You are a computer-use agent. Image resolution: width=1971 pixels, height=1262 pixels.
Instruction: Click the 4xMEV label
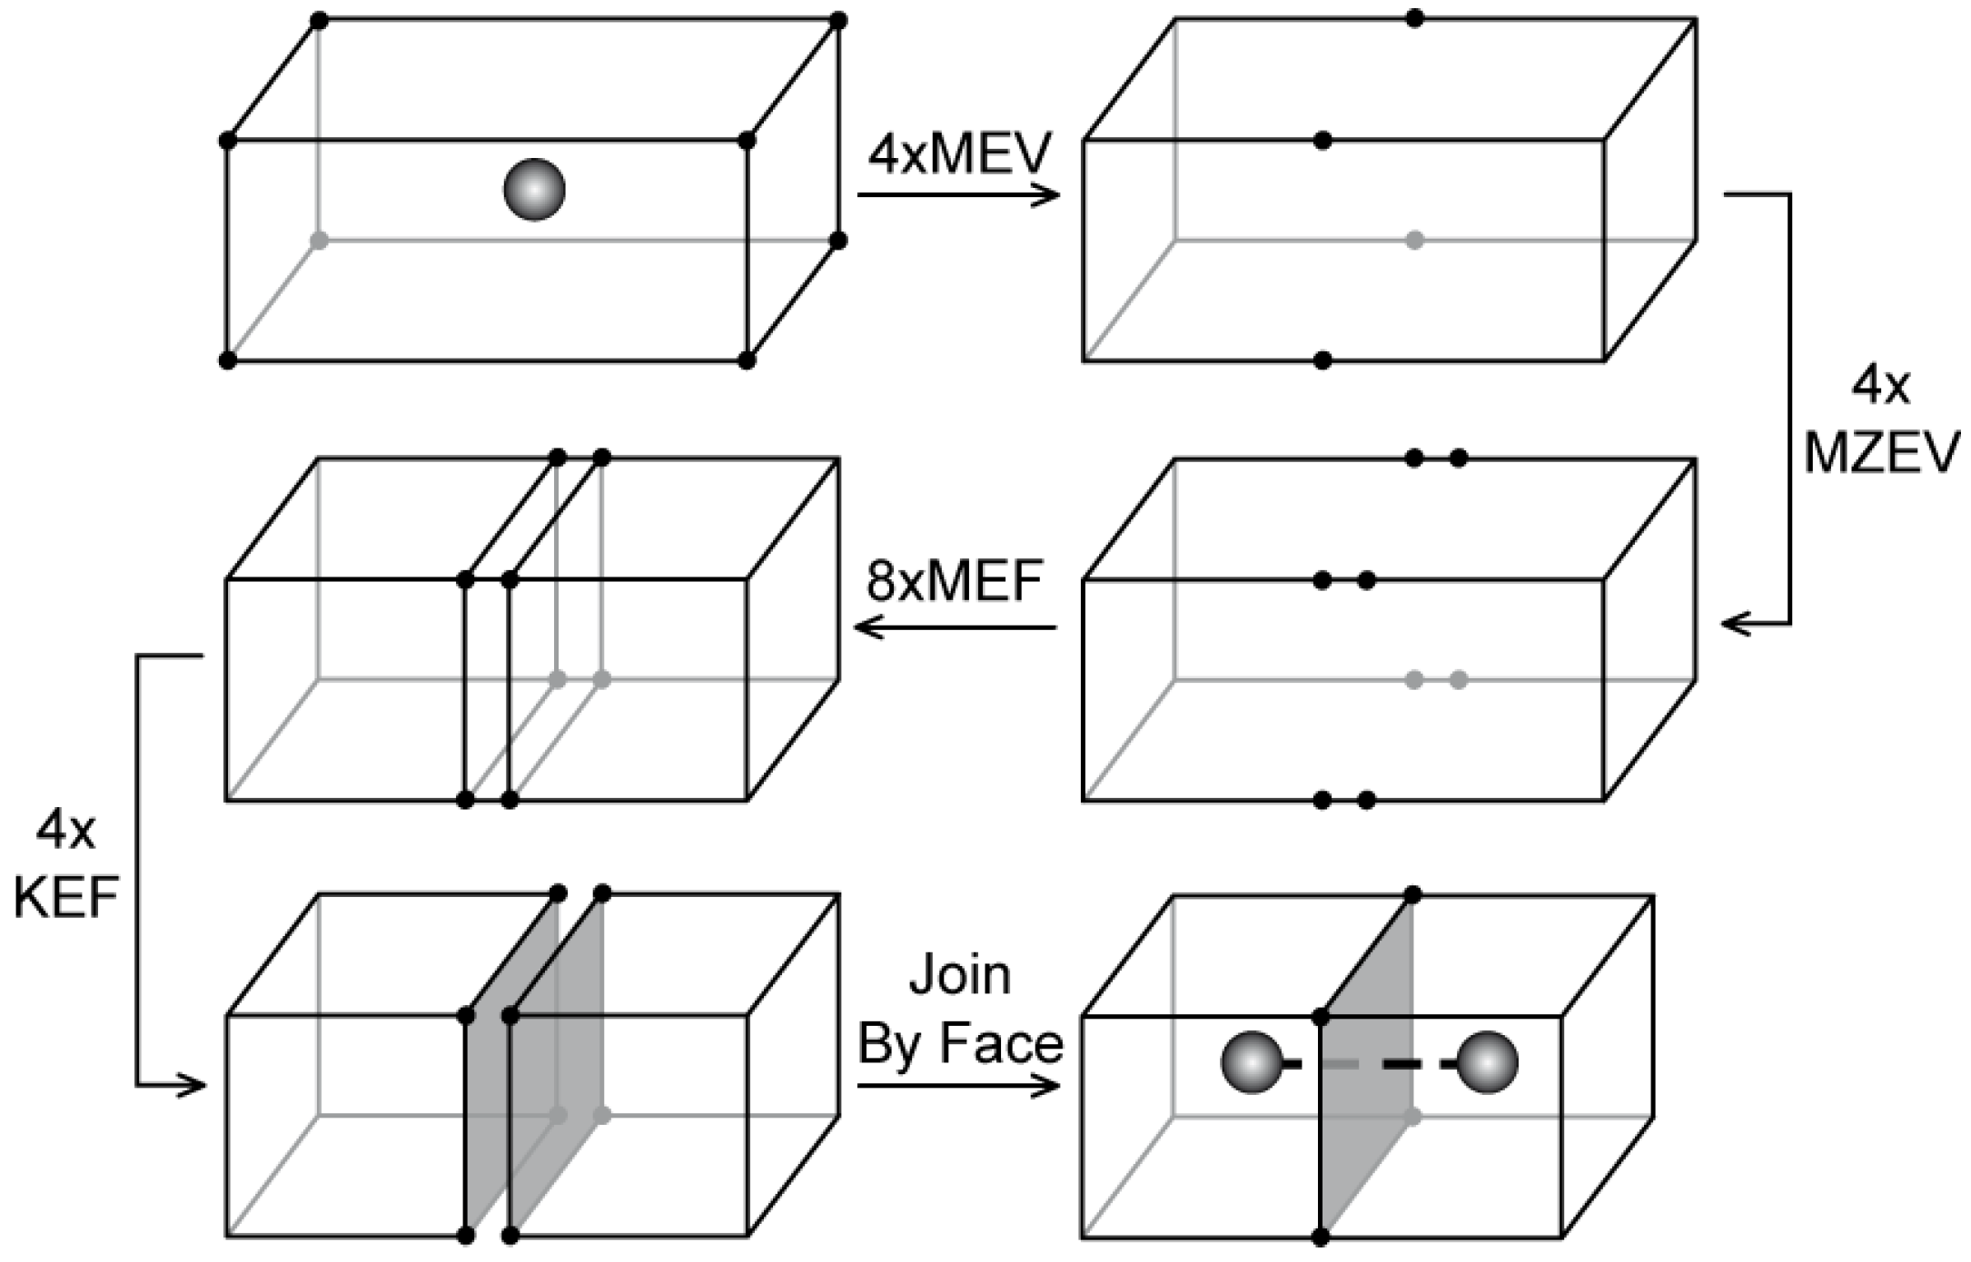click(959, 154)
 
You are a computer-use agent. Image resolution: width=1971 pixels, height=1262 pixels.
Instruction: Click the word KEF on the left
click(65, 898)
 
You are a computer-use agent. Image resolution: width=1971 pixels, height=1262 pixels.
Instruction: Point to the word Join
click(959, 975)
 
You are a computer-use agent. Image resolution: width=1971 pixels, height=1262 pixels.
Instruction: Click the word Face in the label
click(1000, 1043)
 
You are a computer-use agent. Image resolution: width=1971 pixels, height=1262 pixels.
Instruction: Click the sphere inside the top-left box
click(534, 189)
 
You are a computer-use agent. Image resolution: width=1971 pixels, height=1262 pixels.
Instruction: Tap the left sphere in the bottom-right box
click(1251, 1062)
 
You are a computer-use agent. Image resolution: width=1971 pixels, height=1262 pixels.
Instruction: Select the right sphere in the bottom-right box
click(1487, 1062)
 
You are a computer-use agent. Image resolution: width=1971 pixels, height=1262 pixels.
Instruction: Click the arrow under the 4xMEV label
click(958, 194)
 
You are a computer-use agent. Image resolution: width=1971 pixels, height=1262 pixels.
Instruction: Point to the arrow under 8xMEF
click(956, 626)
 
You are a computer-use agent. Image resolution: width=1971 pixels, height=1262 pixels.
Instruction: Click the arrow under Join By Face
click(958, 1085)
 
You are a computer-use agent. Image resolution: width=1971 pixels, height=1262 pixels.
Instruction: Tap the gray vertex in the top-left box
click(319, 241)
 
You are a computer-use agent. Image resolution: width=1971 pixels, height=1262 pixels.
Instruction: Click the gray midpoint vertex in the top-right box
click(1414, 241)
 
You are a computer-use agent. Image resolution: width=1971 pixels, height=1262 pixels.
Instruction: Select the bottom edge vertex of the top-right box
click(1322, 360)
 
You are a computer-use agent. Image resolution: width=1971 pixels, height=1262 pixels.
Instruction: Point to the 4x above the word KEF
click(65, 831)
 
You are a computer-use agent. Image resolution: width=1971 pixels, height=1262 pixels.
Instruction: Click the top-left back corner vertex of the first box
click(319, 20)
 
